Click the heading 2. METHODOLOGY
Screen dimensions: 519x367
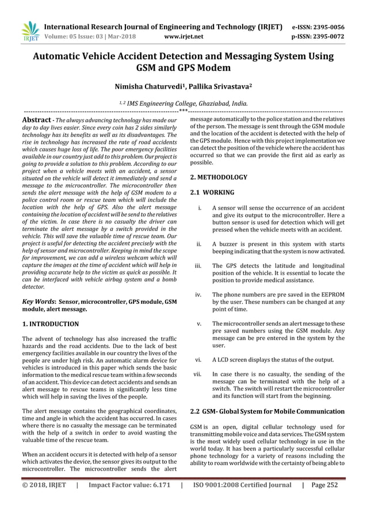[x=219, y=177]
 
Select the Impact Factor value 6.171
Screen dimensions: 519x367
[x=129, y=501]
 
